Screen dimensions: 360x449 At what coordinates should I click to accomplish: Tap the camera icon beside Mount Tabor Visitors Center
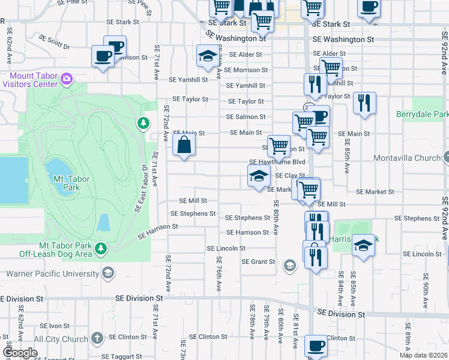click(x=67, y=78)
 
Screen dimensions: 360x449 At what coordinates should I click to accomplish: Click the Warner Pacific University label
click(x=53, y=274)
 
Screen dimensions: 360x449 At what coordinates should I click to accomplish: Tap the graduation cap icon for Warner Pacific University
click(x=108, y=274)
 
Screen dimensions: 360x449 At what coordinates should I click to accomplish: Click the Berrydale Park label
click(x=422, y=114)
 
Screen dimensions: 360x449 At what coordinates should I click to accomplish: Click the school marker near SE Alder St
click(x=208, y=57)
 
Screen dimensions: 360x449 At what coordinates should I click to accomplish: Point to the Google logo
click(x=20, y=353)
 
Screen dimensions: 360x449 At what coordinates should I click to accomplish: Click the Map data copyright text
click(x=423, y=355)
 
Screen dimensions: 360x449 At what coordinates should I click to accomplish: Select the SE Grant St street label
click(x=258, y=262)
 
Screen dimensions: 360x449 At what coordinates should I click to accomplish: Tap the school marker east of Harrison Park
click(x=363, y=245)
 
